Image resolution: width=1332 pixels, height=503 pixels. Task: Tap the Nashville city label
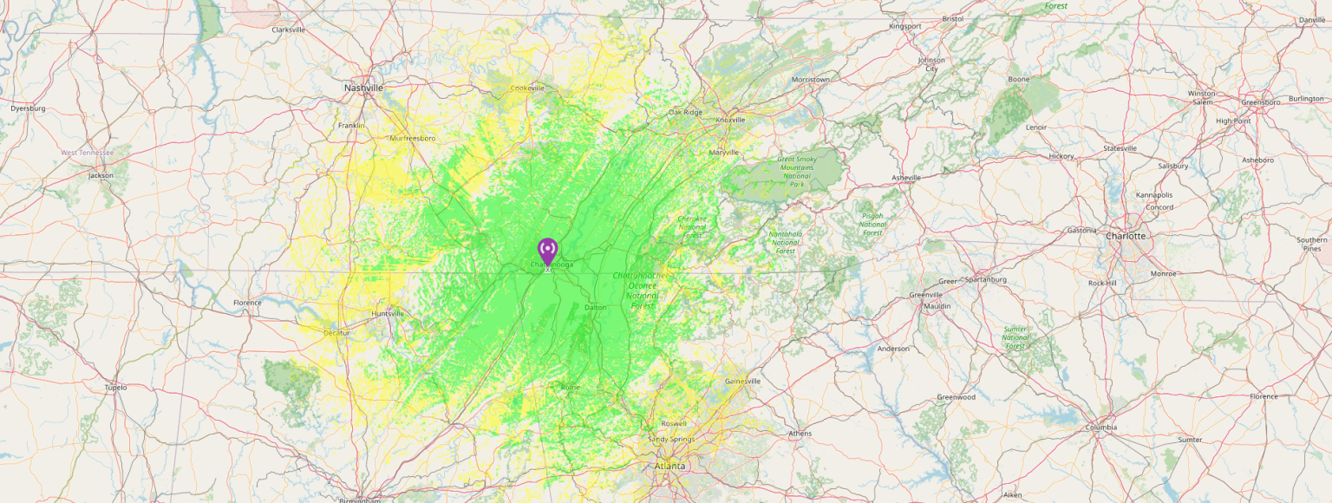pos(363,88)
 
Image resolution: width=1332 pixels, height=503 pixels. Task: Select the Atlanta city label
pos(669,466)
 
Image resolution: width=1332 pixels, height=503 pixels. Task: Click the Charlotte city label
pos(1126,235)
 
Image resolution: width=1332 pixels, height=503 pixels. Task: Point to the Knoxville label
pos(730,120)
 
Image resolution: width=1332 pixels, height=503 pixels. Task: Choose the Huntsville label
pos(388,313)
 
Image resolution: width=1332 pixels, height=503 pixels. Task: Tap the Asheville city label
pos(906,178)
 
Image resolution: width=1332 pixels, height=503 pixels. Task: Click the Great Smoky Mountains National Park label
pos(797,172)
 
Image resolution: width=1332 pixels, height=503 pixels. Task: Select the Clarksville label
pos(289,29)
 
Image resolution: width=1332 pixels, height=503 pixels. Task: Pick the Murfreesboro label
pos(413,138)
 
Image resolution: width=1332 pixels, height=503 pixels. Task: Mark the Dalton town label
pos(596,307)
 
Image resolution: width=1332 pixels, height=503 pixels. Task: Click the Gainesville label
pos(742,381)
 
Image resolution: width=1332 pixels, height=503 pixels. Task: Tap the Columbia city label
pos(1101,428)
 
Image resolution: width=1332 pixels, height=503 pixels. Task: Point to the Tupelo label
pos(115,388)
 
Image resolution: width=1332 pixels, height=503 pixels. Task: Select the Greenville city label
pos(925,295)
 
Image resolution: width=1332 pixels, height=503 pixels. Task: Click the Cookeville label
pos(528,88)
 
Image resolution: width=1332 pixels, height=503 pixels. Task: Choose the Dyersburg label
pos(28,108)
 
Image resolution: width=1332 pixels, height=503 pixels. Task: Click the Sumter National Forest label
pos(1015,337)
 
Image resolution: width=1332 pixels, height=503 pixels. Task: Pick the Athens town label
pos(800,433)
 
